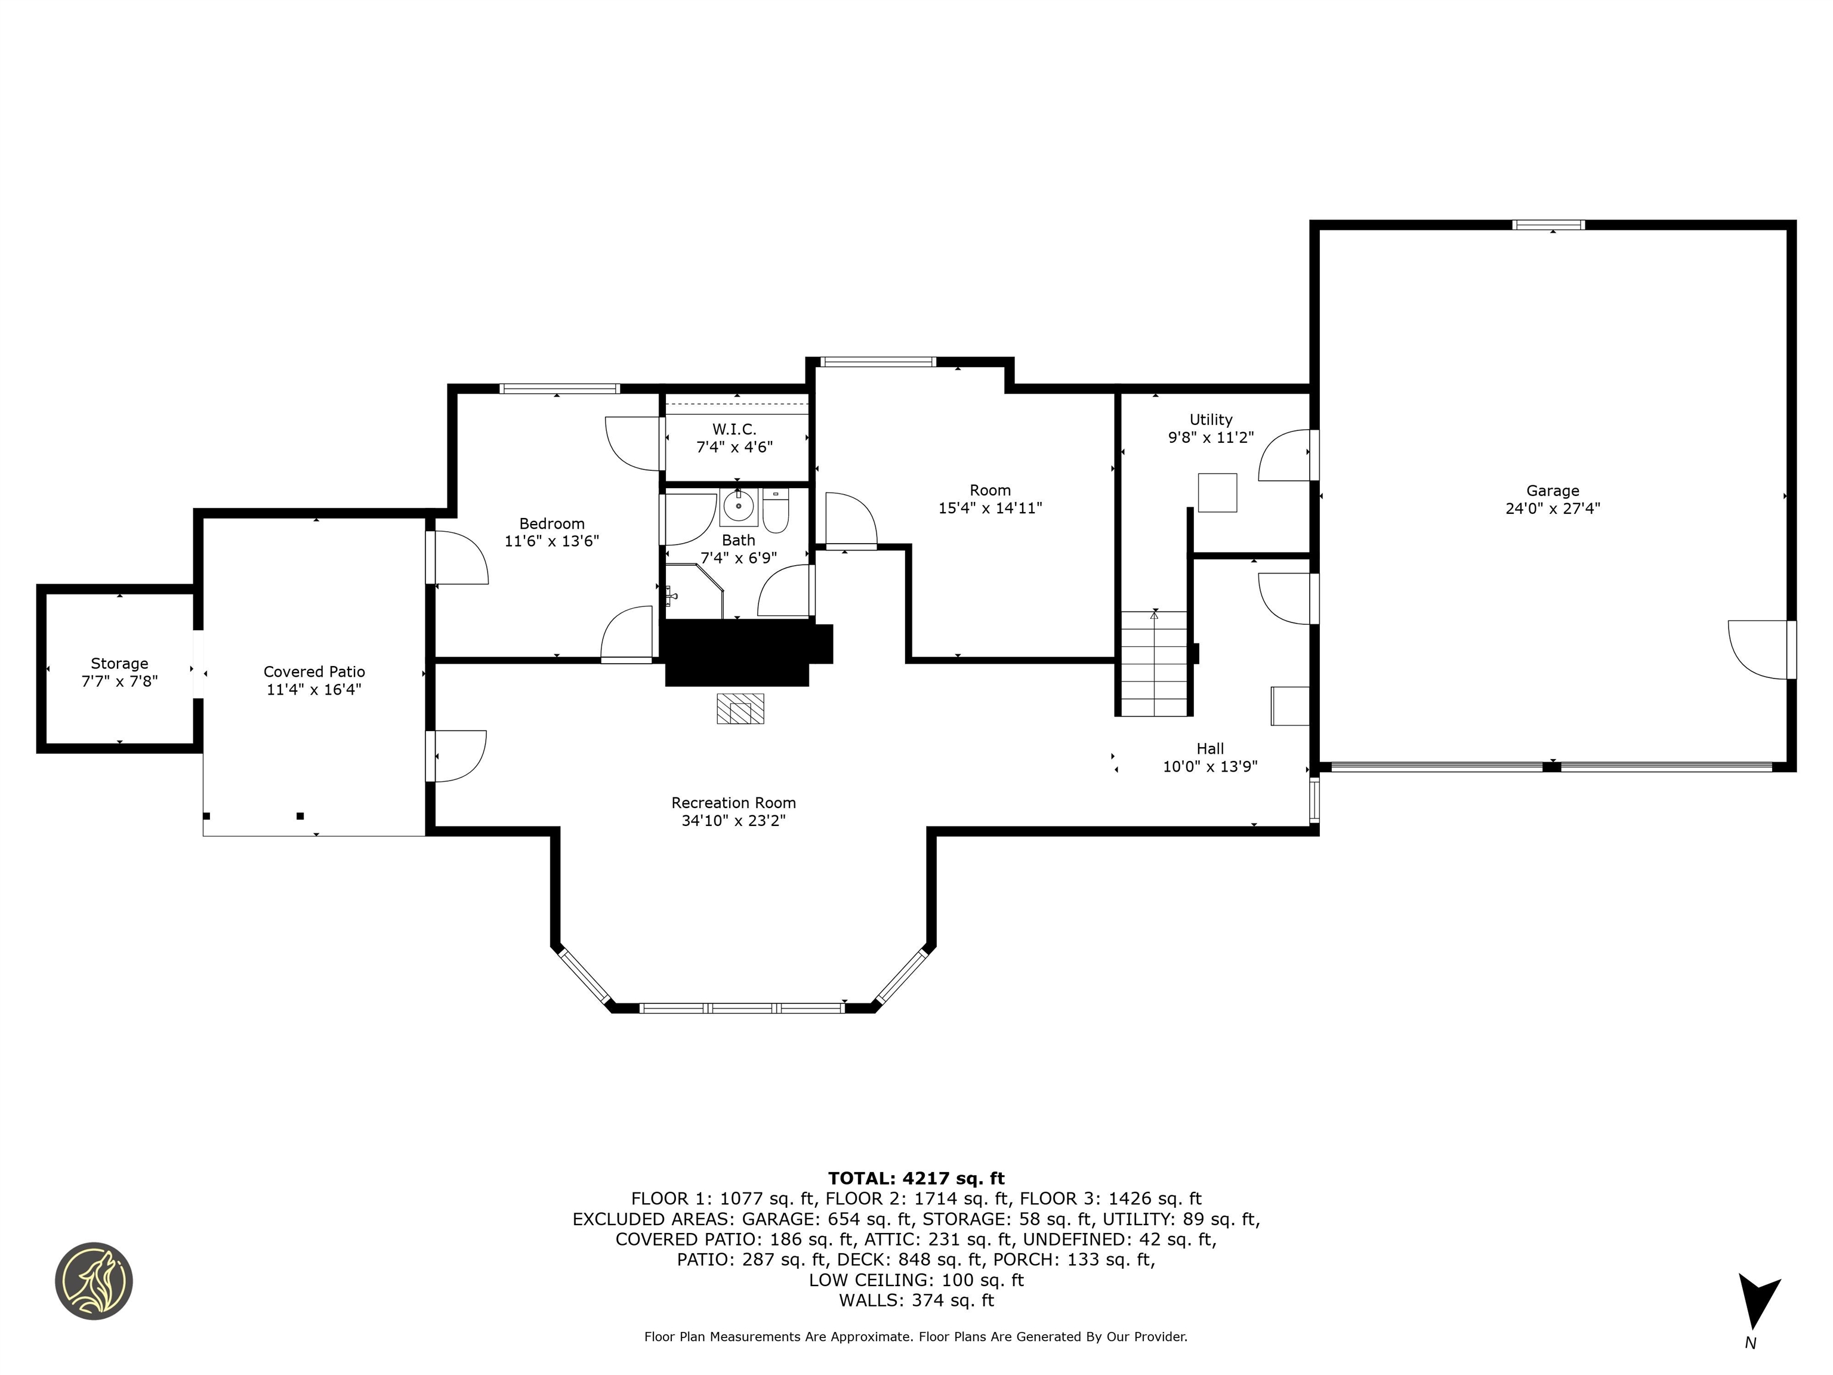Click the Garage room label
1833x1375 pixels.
(x=1552, y=491)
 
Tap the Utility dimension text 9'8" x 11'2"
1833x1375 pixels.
(x=1211, y=437)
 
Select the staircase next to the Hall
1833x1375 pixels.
(x=1155, y=663)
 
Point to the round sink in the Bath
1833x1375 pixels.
(x=737, y=505)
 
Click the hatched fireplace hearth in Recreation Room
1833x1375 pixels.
(x=740, y=708)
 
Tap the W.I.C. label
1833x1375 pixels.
(x=734, y=429)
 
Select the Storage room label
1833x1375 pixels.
(x=119, y=663)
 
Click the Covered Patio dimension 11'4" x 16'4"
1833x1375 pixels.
(x=314, y=689)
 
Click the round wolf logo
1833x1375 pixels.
(x=94, y=1281)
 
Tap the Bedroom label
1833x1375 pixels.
(x=552, y=524)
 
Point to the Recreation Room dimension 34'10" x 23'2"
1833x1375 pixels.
(x=733, y=821)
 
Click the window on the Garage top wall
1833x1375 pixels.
(x=1548, y=224)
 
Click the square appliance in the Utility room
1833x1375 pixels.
(x=1217, y=493)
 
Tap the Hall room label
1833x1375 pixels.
(x=1210, y=748)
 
